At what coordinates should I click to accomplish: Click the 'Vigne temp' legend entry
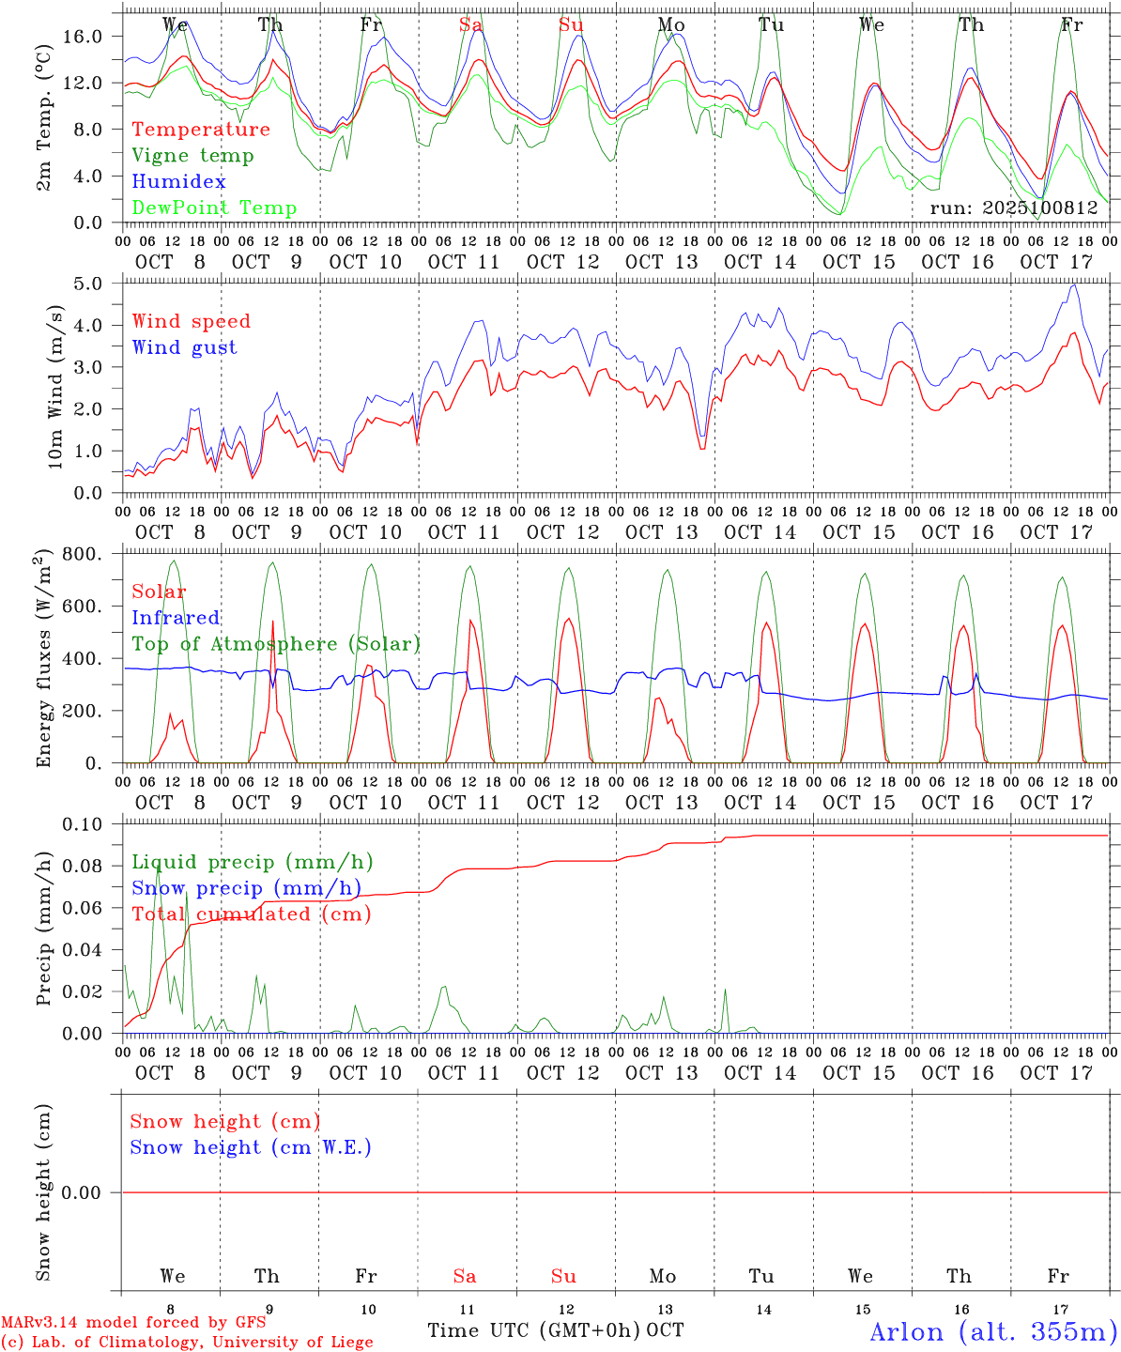tap(192, 156)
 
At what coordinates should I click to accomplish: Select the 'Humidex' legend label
tap(178, 182)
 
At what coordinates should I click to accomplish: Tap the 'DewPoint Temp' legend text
tap(214, 208)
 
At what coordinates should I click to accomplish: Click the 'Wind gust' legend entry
tap(184, 347)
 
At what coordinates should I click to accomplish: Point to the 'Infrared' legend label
tap(176, 618)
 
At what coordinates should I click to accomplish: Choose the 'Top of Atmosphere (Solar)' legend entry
tap(276, 644)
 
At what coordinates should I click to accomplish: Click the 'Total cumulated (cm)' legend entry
tap(251, 914)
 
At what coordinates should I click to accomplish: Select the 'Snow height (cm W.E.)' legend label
tap(251, 1147)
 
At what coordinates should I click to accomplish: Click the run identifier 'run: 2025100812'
tap(1014, 208)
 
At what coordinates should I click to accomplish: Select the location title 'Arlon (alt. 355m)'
tap(993, 1331)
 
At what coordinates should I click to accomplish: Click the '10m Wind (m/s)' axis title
tap(55, 387)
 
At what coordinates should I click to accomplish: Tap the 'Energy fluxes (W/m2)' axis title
tap(43, 660)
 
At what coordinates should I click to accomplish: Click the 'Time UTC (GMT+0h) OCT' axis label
tap(556, 1330)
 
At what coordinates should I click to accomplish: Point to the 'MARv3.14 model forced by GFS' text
tap(133, 1322)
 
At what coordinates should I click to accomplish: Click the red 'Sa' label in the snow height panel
tap(465, 1276)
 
